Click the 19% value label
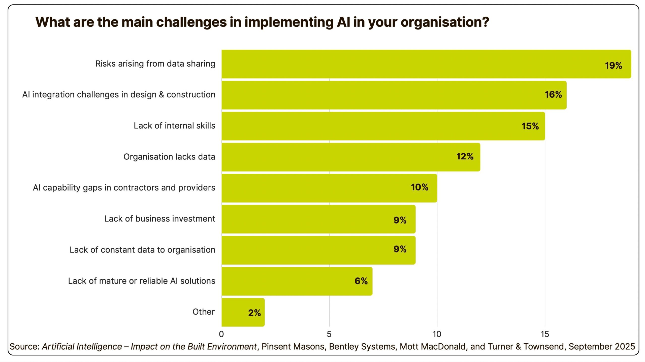click(613, 66)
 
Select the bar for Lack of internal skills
click(383, 126)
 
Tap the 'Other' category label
click(204, 312)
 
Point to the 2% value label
click(254, 313)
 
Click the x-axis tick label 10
click(437, 334)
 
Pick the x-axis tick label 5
click(329, 334)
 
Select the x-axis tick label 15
click(545, 334)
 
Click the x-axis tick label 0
click(221, 334)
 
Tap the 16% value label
click(553, 95)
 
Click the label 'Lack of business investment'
click(160, 219)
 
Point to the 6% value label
click(361, 281)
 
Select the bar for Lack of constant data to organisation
click(318, 250)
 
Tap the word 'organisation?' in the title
click(445, 22)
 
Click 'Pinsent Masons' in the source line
click(293, 347)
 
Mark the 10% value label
click(420, 187)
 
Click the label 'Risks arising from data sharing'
click(155, 64)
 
